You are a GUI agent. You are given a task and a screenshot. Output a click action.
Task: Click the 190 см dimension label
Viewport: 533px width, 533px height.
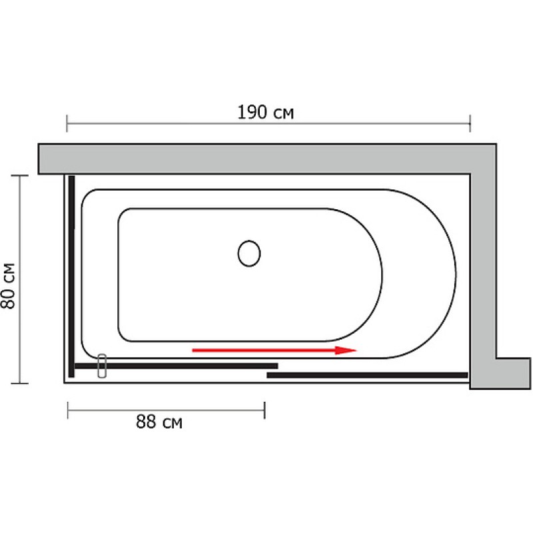(265, 113)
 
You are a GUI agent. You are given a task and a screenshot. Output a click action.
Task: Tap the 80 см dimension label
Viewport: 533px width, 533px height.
(8, 286)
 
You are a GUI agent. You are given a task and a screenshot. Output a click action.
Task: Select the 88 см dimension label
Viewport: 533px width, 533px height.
(159, 422)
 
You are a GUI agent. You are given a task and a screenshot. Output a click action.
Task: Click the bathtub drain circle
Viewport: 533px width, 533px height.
(249, 253)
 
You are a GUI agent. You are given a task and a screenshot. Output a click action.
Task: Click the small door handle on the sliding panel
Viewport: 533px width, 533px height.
(102, 366)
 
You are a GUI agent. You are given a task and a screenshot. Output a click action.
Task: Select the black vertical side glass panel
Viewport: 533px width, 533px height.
(71, 276)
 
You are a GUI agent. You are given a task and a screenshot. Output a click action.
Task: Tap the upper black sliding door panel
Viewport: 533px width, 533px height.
(176, 366)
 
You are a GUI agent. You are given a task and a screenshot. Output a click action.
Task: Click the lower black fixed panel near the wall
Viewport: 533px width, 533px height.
(368, 375)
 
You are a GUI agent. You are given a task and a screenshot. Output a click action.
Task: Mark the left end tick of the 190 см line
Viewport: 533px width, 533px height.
(67, 123)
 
